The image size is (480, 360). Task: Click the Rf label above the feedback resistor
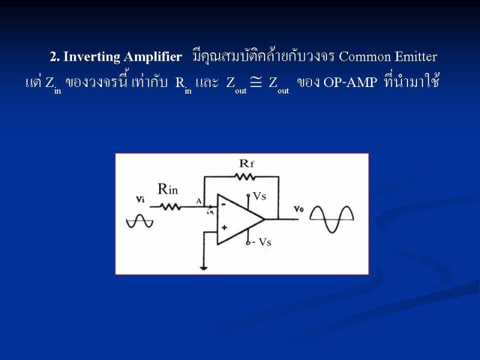click(x=247, y=163)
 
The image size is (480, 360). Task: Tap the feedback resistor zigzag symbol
click(x=245, y=176)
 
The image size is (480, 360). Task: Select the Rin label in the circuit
click(x=167, y=189)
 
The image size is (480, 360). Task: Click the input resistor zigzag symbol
click(x=170, y=207)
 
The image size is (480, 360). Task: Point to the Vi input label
click(x=140, y=199)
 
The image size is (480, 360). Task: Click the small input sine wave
click(x=140, y=221)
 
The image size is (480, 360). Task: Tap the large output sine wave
click(x=332, y=219)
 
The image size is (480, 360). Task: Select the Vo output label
click(x=298, y=209)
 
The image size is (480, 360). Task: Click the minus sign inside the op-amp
click(x=224, y=204)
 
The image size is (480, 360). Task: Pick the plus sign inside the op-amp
click(x=224, y=227)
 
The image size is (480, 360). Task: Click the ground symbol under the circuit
click(x=204, y=268)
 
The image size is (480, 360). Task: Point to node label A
click(x=199, y=201)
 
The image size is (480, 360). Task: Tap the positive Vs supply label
click(x=260, y=196)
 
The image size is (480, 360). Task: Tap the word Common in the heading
click(x=365, y=57)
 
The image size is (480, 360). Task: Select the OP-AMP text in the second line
click(x=350, y=82)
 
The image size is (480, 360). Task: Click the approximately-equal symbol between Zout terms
click(x=256, y=82)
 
